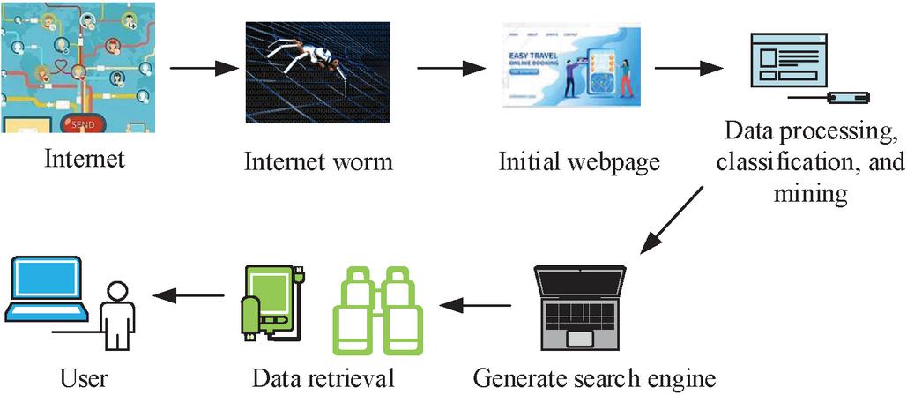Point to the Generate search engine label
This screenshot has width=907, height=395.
click(x=593, y=377)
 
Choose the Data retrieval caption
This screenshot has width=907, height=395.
click(x=323, y=378)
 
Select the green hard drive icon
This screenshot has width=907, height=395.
click(x=272, y=300)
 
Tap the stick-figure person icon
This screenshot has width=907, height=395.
click(x=115, y=318)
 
